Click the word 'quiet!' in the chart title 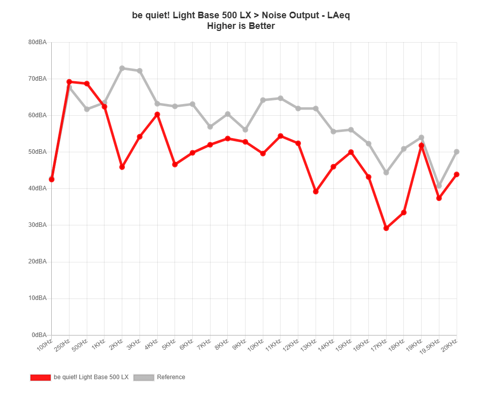pyautogui.click(x=156, y=15)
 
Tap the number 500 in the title pyautogui.click(x=224, y=15)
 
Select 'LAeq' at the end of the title pyautogui.click(x=338, y=15)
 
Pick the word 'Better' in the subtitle pyautogui.click(x=262, y=26)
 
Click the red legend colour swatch pyautogui.click(x=41, y=377)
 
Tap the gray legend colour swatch pyautogui.click(x=144, y=377)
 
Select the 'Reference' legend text pyautogui.click(x=171, y=377)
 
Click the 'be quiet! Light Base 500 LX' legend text pyautogui.click(x=91, y=377)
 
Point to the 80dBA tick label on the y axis pyautogui.click(x=39, y=43)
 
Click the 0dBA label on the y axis pyautogui.click(x=40, y=335)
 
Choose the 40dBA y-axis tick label pyautogui.click(x=39, y=189)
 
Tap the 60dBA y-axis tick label pyautogui.click(x=39, y=116)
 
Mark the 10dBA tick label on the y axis pyautogui.click(x=39, y=298)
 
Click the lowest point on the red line pyautogui.click(x=387, y=228)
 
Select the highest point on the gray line pyautogui.click(x=122, y=68)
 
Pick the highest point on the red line pyautogui.click(x=70, y=82)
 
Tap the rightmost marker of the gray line pyautogui.click(x=457, y=152)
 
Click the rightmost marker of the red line pyautogui.click(x=457, y=175)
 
